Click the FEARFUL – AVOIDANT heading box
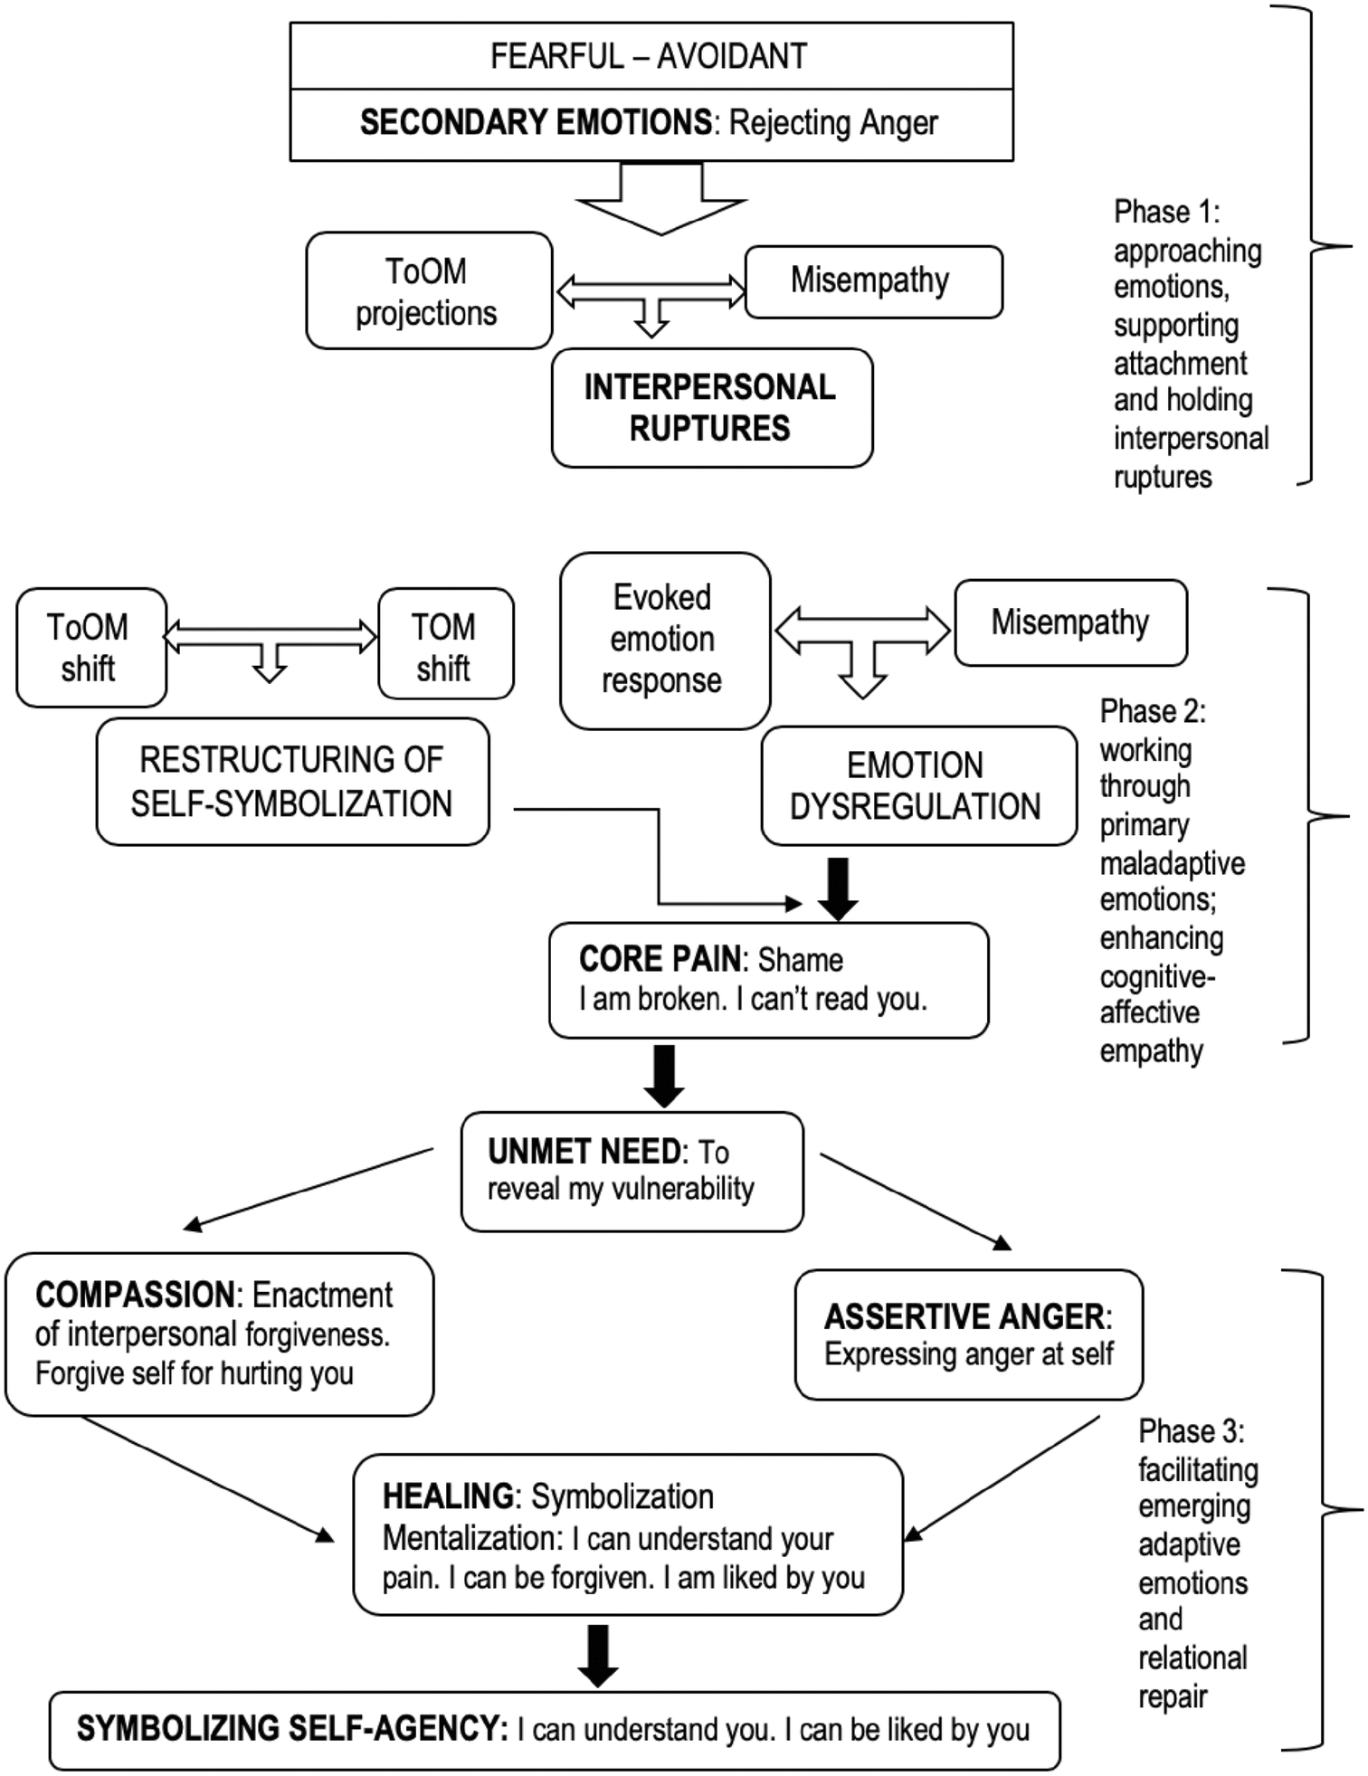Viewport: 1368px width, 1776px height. (x=649, y=56)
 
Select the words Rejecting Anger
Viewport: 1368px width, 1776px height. (x=833, y=123)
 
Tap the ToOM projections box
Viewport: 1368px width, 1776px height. (x=428, y=291)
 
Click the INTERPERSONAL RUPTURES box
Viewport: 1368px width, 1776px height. (x=711, y=408)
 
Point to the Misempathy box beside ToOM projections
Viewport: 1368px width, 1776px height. (x=872, y=281)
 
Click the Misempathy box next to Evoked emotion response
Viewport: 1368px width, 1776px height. (x=1070, y=622)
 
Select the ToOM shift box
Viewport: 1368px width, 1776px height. (x=90, y=648)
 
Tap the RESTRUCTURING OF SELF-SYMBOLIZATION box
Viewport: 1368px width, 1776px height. (x=291, y=782)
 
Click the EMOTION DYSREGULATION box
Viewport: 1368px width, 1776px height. (x=917, y=785)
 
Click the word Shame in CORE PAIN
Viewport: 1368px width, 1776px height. (x=800, y=960)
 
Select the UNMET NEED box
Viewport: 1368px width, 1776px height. (x=631, y=1171)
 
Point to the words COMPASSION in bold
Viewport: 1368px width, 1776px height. (x=137, y=1295)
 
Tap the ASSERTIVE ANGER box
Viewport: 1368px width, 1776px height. (x=968, y=1334)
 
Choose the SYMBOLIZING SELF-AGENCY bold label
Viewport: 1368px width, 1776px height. (x=291, y=1729)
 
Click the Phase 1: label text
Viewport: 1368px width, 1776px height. (x=1165, y=212)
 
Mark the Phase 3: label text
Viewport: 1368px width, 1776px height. (x=1191, y=1431)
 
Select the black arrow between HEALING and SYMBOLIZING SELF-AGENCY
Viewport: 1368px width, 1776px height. (x=598, y=1655)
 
